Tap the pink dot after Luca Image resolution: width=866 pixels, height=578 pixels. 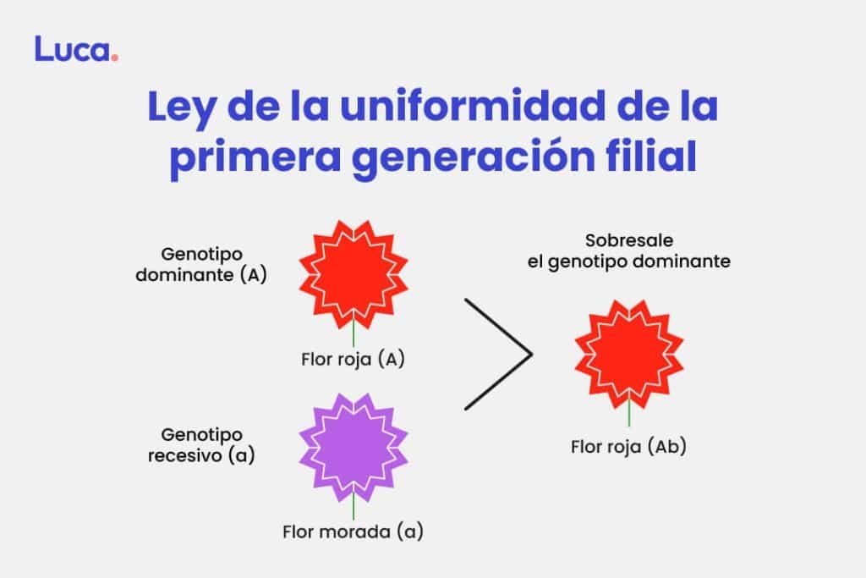pos(114,57)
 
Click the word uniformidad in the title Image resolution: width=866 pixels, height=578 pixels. pos(473,105)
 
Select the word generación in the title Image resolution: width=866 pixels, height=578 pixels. pos(474,157)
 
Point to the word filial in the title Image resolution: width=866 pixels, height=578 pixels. pos(651,155)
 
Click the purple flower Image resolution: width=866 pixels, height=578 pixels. pos(354,449)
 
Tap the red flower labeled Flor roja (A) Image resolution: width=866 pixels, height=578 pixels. pos(354,275)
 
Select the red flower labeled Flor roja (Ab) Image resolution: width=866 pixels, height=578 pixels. pos(629,355)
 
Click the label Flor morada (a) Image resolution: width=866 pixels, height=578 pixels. pos(353,531)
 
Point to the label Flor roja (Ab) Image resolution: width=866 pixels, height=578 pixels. pos(628,447)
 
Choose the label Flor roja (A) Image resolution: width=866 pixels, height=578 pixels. pos(353,359)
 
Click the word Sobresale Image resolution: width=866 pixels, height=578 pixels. pos(629,240)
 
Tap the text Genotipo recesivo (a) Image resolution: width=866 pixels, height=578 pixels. pos(201,445)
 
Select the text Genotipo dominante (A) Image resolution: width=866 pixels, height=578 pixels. pos(201,264)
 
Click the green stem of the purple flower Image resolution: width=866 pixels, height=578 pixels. pos(354,507)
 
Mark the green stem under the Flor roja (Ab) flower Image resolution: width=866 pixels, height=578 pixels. pos(629,413)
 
